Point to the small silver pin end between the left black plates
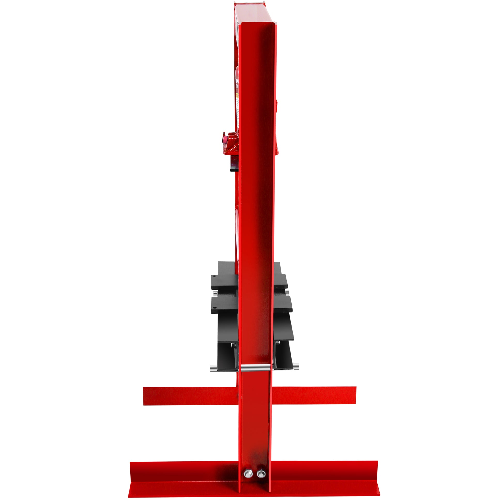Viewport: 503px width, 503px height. click(215, 293)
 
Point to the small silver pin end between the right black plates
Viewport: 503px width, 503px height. click(288, 293)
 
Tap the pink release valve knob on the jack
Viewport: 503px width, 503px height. click(224, 138)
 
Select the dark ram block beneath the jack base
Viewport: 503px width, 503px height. click(234, 165)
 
